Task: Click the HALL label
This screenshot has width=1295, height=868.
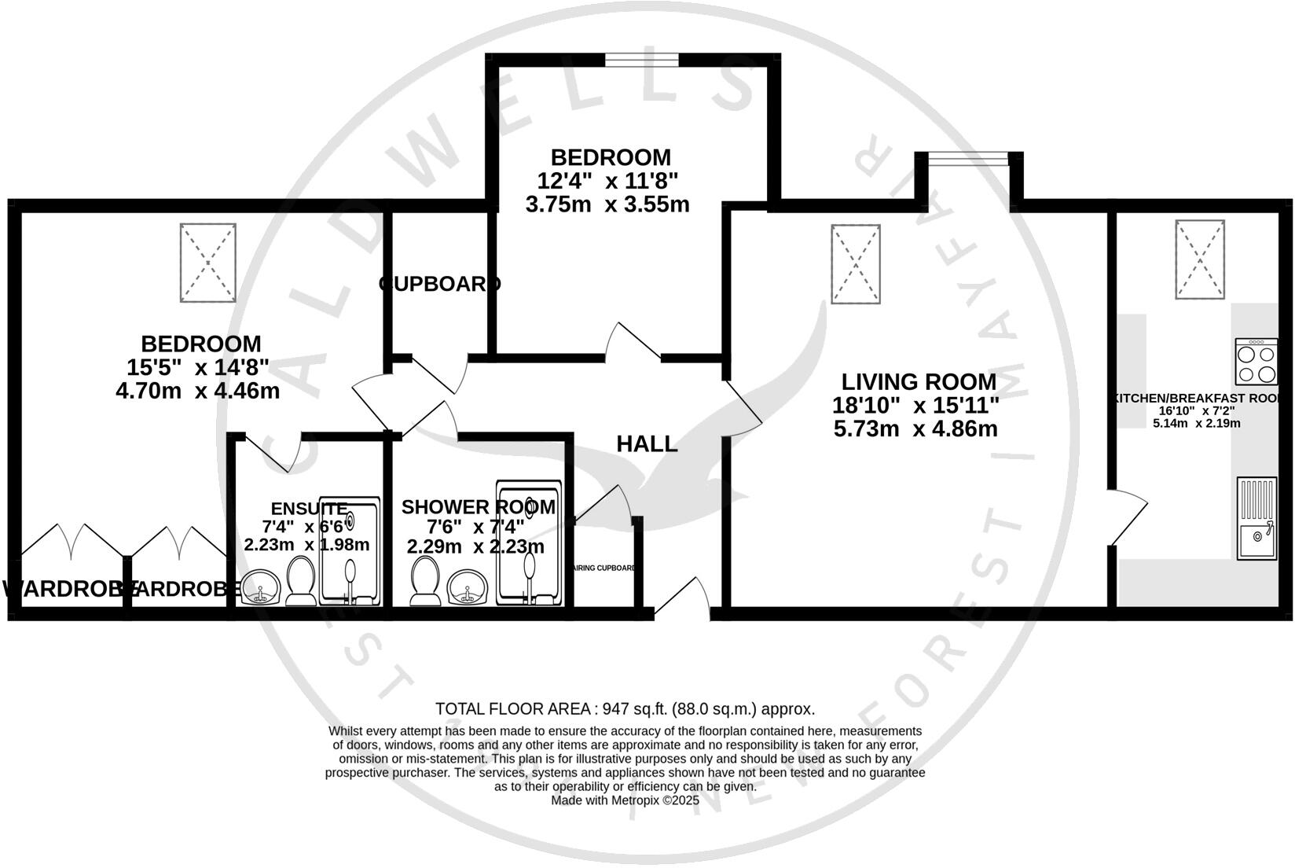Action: pos(646,444)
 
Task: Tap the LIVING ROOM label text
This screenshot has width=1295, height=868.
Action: pos(918,382)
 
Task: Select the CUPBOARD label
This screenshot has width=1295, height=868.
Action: pos(439,284)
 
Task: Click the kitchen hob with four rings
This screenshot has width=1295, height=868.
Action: pos(1256,362)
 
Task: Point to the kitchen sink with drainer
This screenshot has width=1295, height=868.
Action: pos(1256,519)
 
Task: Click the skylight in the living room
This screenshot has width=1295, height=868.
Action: pos(856,263)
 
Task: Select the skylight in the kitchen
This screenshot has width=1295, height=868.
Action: pos(1200,259)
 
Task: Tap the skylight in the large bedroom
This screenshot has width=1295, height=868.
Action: pos(208,263)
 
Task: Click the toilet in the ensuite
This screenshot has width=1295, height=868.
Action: pos(299,582)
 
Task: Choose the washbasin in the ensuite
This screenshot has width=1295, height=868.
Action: pos(261,588)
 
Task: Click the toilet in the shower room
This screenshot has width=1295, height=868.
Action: pos(426,582)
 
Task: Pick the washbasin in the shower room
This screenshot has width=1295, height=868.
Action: pos(468,588)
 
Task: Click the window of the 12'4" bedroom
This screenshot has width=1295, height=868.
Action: pos(641,60)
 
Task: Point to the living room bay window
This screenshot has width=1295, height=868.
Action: pos(968,160)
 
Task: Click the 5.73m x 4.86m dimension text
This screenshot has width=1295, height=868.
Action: pos(915,429)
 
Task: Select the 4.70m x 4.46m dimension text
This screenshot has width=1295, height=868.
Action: pos(197,390)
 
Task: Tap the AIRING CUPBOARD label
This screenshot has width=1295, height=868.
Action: pos(604,568)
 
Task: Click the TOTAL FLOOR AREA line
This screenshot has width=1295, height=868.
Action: pos(625,708)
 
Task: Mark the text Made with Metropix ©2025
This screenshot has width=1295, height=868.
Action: pos(625,800)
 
